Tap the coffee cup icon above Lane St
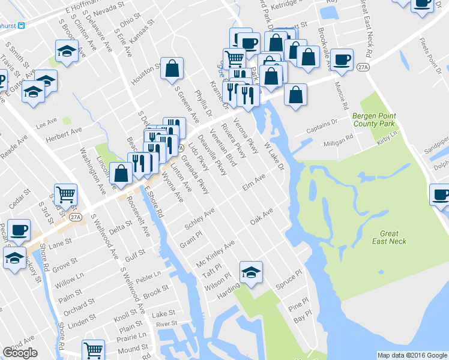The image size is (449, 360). (x=18, y=230)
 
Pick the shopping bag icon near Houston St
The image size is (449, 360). (x=172, y=70)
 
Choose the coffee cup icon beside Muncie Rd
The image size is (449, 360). (x=342, y=60)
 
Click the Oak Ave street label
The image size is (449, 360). (x=262, y=216)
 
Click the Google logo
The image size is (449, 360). (x=20, y=353)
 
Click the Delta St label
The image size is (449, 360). (x=120, y=226)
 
